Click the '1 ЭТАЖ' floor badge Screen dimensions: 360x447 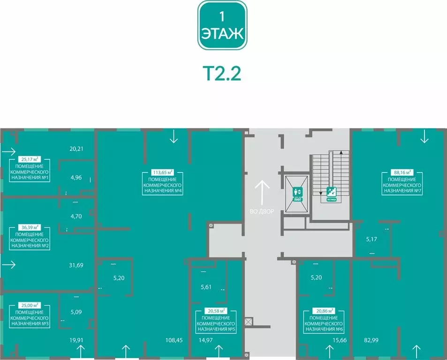click(222, 25)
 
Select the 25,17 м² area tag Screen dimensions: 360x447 click(30, 159)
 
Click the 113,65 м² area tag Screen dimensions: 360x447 click(163, 172)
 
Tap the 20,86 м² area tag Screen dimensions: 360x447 click(324, 310)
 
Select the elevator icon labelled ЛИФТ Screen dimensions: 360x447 click(297, 193)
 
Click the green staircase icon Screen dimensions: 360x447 click(331, 193)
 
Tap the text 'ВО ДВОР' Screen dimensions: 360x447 click(261, 211)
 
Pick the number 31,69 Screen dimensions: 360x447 click(76, 265)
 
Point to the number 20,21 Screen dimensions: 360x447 click(76, 149)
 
